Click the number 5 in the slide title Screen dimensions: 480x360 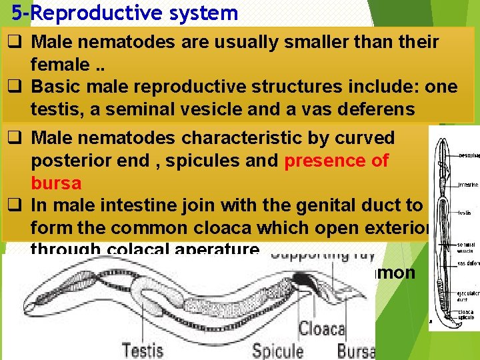click(x=17, y=13)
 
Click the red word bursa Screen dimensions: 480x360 click(x=56, y=183)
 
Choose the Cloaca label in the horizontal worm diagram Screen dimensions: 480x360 click(x=321, y=329)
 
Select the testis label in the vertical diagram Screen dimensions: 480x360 click(x=464, y=214)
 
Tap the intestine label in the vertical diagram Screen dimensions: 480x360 click(x=466, y=184)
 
